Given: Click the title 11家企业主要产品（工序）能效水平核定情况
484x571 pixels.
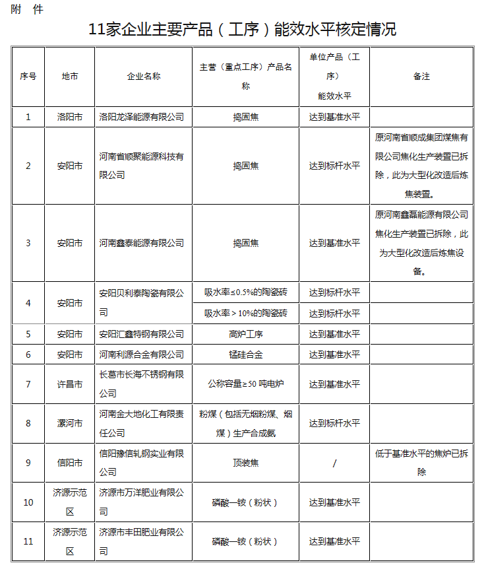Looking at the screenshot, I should [x=242, y=29].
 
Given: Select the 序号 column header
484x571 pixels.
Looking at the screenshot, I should [x=28, y=77].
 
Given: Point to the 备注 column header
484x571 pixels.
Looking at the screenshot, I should [x=421, y=77].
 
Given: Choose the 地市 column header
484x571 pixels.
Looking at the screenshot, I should [x=69, y=77].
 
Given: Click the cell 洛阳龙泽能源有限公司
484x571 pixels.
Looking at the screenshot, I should [x=141, y=117].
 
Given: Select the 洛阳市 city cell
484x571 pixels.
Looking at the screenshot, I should [x=69, y=117].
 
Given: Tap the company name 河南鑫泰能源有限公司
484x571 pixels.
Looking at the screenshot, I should [x=141, y=243].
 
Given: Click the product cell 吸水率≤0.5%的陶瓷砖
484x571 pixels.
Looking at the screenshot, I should [x=245, y=292].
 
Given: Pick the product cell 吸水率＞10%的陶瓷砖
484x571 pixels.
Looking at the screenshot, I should [x=245, y=313].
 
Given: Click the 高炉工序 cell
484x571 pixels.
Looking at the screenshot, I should [x=245, y=334].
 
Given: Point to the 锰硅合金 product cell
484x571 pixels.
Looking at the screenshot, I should [x=245, y=354].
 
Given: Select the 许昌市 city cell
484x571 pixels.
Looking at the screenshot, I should [x=69, y=384].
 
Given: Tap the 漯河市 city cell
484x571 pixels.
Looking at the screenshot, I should [x=69, y=423].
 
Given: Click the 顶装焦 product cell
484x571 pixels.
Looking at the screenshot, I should [x=245, y=463].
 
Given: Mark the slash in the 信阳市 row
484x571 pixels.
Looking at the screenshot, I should [x=334, y=463].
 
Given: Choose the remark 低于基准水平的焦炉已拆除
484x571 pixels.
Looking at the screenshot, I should [x=421, y=462].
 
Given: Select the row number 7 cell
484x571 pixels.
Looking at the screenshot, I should [x=28, y=384].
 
